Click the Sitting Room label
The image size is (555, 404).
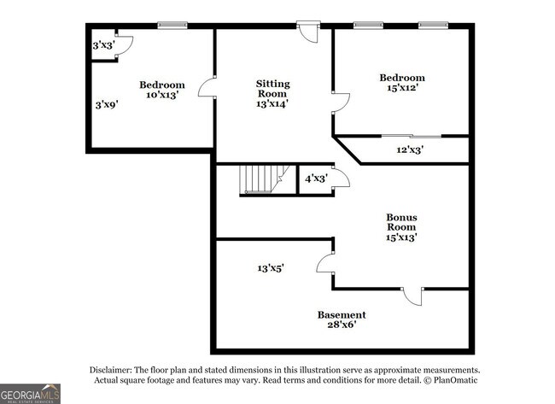point(273,89)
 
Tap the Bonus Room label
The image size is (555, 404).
point(401,222)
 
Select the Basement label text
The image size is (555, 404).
point(342,315)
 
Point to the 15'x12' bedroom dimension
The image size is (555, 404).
point(403,87)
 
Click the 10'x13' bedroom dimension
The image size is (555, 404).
point(162,95)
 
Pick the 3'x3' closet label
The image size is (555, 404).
point(103,45)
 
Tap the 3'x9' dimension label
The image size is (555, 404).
point(107,105)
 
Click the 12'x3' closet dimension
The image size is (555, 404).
point(410,149)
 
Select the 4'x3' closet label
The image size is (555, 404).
point(316,179)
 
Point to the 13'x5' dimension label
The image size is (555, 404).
point(271,268)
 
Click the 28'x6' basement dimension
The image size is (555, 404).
point(342,325)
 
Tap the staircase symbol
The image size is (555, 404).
point(265,179)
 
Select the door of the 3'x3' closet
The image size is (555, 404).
point(124,45)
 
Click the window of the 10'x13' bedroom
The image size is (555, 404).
point(172,25)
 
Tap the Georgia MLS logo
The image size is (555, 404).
point(30,394)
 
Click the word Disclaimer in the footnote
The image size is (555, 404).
point(111,370)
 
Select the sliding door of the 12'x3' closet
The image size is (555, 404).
point(412,136)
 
